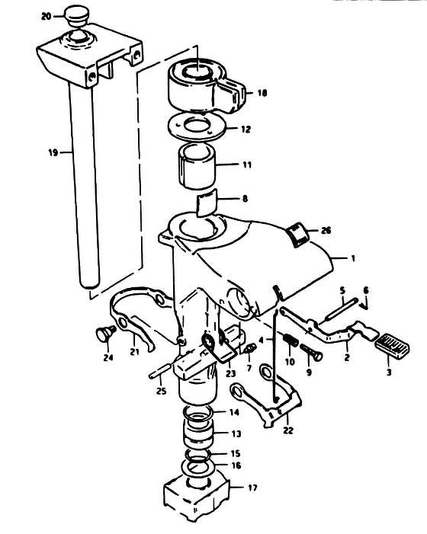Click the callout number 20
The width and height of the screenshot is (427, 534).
(x=47, y=16)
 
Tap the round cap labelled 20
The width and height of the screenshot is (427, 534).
(x=76, y=15)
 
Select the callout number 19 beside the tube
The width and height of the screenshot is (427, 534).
(x=53, y=152)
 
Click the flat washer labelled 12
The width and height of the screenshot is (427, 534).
(x=197, y=126)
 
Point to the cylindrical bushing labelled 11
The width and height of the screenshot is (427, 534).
(x=197, y=167)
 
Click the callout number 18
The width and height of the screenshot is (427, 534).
(x=262, y=93)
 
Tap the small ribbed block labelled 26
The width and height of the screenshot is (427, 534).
(x=297, y=234)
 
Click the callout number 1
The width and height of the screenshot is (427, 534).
(x=353, y=258)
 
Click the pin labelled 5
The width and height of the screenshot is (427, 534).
(x=341, y=309)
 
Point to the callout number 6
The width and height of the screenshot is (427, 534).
(x=366, y=290)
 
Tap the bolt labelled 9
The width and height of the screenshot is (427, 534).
(x=311, y=352)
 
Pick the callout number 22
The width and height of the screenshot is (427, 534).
(x=288, y=430)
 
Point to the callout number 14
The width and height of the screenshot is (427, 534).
(x=234, y=412)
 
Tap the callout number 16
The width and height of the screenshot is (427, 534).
(x=236, y=465)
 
